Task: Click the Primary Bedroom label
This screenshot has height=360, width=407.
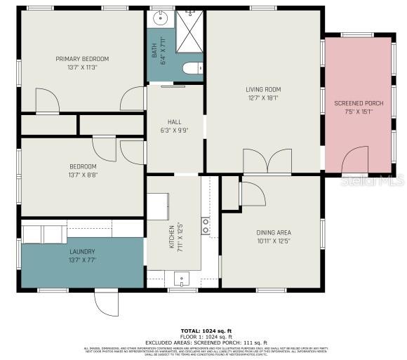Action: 82,59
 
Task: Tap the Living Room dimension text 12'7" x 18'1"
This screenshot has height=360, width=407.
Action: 262,98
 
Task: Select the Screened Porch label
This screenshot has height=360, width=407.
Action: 358,103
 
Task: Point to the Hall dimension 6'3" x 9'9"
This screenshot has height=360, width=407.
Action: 174,131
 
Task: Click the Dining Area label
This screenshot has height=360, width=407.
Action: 273,232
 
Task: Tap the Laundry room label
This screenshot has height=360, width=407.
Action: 82,252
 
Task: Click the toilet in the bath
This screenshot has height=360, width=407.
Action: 192,69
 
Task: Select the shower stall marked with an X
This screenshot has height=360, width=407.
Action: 189,32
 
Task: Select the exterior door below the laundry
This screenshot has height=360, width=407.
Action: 107,302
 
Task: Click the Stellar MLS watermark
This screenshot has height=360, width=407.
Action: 376,185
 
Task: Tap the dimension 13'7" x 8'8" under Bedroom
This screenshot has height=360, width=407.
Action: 82,175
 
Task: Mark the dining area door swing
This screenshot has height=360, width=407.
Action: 252,192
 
